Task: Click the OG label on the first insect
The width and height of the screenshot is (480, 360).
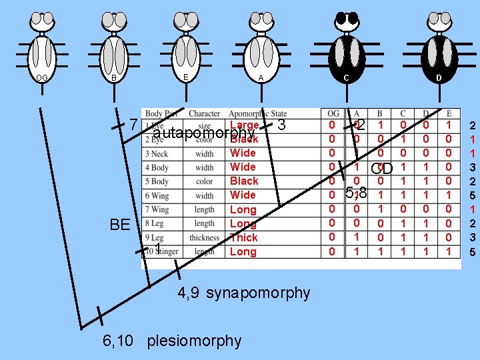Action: click(x=41, y=78)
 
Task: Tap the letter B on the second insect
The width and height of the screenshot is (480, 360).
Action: click(x=114, y=78)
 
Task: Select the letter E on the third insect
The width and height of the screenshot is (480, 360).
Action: click(x=185, y=77)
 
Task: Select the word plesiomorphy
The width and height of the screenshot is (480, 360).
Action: click(x=194, y=341)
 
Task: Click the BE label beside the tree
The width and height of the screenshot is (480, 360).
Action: click(x=120, y=224)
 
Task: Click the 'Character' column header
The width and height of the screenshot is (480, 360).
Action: click(x=204, y=114)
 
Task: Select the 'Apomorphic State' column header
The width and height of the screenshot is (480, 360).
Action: click(x=257, y=114)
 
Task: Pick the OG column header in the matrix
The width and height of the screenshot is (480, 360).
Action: click(x=333, y=114)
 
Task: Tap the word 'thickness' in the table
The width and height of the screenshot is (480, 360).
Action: click(x=204, y=237)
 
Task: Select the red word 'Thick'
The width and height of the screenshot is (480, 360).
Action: click(x=243, y=237)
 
